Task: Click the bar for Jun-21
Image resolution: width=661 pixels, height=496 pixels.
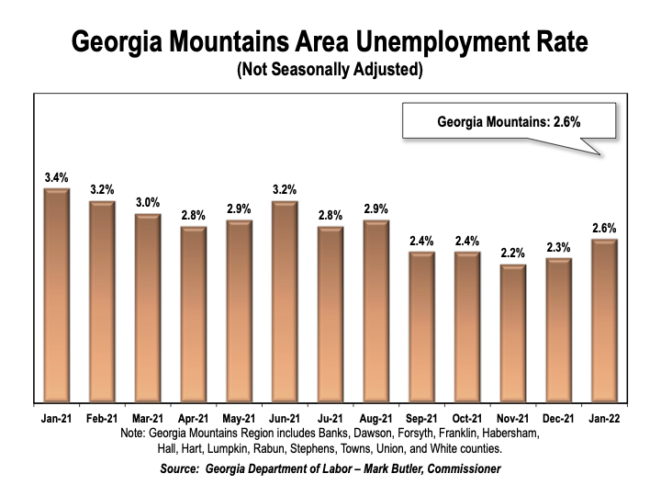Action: click(285, 301)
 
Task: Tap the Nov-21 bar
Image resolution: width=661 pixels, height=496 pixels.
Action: click(512, 333)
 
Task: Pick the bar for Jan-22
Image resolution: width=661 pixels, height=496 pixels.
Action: click(603, 321)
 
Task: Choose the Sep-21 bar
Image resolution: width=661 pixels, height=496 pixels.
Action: click(421, 327)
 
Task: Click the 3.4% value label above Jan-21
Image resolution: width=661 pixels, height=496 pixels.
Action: click(57, 176)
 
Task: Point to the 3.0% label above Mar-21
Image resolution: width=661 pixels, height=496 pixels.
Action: click(148, 202)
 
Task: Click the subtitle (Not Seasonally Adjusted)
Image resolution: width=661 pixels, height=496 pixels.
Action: click(330, 71)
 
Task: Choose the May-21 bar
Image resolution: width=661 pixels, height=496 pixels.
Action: click(239, 311)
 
